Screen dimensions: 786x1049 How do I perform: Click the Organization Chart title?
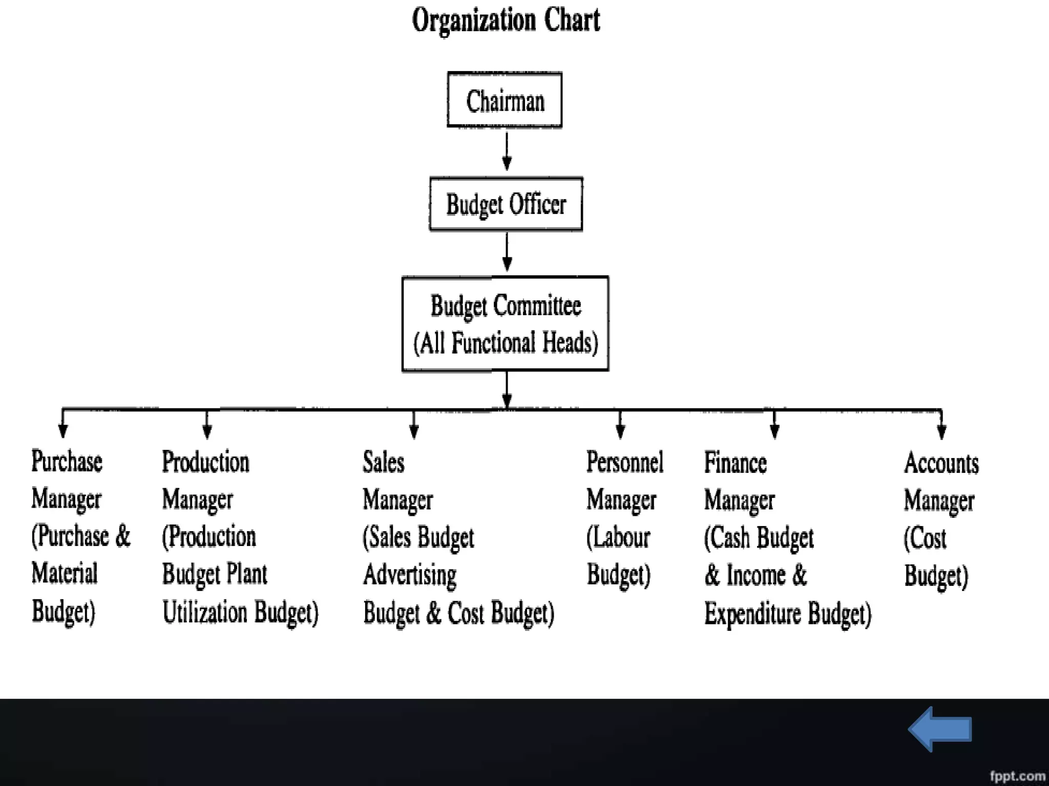pos(506,20)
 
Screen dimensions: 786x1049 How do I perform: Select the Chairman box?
pos(505,100)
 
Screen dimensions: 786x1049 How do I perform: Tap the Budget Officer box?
pos(506,204)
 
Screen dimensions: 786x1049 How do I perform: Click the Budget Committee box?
pos(506,323)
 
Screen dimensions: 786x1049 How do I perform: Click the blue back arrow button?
pos(940,729)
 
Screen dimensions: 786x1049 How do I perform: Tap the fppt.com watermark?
pos(1017,776)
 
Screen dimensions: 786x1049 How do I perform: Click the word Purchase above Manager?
pos(67,461)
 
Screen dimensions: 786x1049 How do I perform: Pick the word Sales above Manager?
pos(384,462)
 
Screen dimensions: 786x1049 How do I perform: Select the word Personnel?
pos(624,462)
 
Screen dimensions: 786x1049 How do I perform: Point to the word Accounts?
pos(941,463)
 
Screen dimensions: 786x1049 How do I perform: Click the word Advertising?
pos(410,575)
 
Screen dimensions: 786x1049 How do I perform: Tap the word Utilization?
pos(205,612)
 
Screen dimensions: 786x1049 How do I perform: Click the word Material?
pos(65,573)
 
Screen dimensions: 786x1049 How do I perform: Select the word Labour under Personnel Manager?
pos(621,537)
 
